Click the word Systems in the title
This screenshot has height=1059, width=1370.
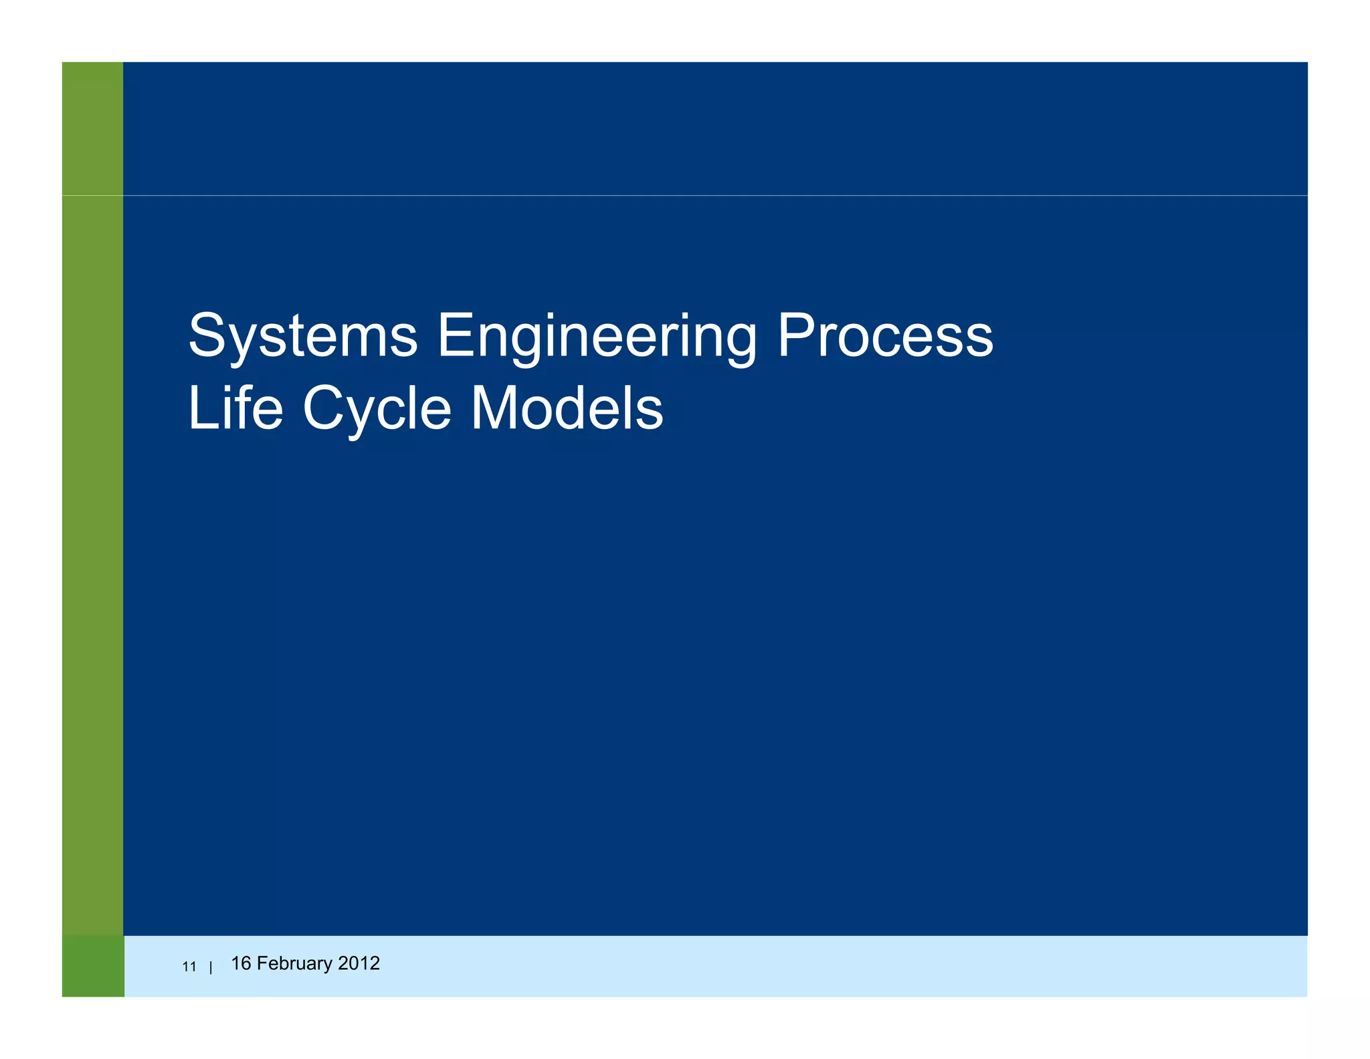click(303, 336)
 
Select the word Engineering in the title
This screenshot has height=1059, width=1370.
click(597, 336)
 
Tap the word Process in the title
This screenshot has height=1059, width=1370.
click(884, 336)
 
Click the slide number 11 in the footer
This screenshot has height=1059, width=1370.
click(189, 967)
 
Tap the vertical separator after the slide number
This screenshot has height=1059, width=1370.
click(211, 967)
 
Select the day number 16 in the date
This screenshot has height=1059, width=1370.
click(241, 963)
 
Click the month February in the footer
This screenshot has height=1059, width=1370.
click(294, 963)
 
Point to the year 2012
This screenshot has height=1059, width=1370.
click(359, 963)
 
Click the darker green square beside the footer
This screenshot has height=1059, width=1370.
click(93, 966)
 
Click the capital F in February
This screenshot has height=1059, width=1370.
click(262, 963)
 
